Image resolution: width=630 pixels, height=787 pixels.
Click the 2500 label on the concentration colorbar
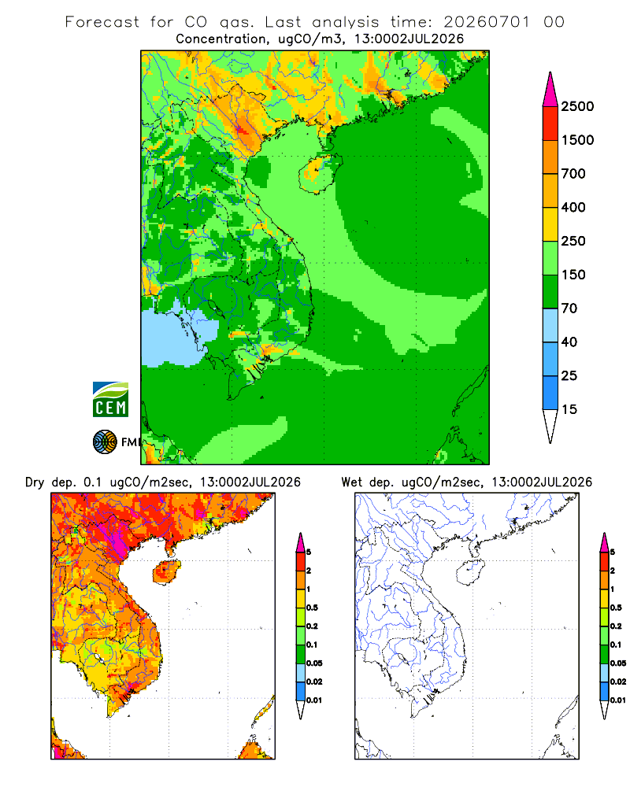tap(577, 106)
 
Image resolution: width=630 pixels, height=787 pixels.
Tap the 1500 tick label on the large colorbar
tap(577, 140)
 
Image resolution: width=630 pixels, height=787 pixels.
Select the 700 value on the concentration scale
tap(573, 174)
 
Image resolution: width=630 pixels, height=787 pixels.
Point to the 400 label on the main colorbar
tap(573, 207)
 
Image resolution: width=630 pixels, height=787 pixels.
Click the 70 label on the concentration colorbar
tap(569, 309)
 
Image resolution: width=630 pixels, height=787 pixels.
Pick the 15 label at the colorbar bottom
tap(569, 409)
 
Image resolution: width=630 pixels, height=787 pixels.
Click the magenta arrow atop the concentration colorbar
tap(550, 90)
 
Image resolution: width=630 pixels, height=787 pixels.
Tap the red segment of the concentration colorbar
tap(550, 124)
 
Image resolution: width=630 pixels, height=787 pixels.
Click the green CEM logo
tap(110, 400)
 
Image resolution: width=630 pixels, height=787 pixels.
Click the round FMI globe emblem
tap(105, 442)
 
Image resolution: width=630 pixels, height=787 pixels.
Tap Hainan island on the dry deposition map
tap(167, 572)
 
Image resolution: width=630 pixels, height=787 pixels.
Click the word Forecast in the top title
tap(102, 22)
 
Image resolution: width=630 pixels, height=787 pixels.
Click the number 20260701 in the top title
tap(487, 22)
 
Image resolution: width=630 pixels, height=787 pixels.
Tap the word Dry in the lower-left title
tap(35, 482)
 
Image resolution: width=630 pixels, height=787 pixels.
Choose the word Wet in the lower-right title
tap(352, 482)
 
